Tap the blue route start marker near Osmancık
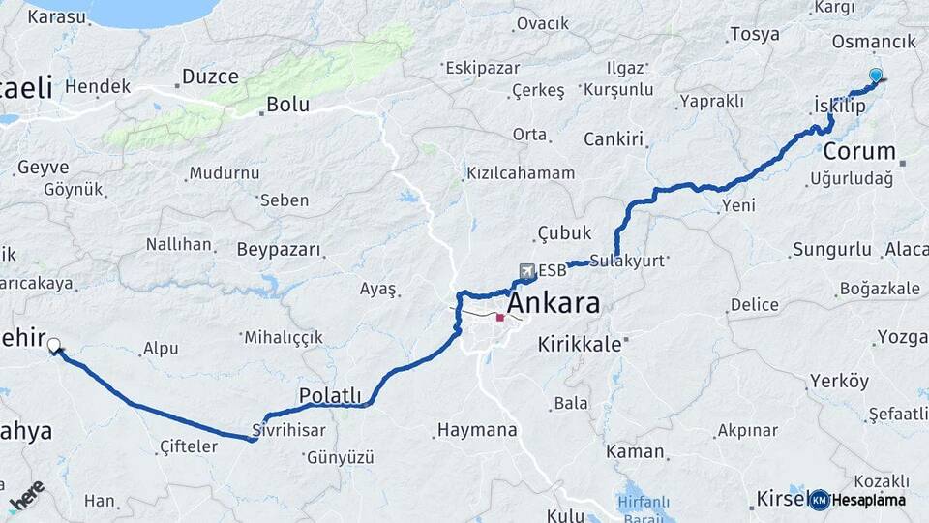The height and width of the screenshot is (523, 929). (x=876, y=76)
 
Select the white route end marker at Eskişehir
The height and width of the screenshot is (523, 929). (x=54, y=344)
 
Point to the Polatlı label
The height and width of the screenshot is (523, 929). (x=330, y=395)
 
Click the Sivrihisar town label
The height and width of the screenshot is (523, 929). (x=287, y=429)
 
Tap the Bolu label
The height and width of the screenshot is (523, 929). (x=287, y=104)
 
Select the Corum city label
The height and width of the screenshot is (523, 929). (x=859, y=151)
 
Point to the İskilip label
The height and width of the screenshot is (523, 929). (x=838, y=107)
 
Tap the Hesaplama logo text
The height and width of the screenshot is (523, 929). (x=868, y=500)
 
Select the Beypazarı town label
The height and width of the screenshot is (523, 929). (x=283, y=250)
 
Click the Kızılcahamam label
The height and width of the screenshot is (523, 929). (x=521, y=173)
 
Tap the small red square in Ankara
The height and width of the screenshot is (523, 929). (x=500, y=317)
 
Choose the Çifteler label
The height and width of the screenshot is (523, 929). (x=189, y=447)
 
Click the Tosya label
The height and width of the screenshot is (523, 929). (x=755, y=35)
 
